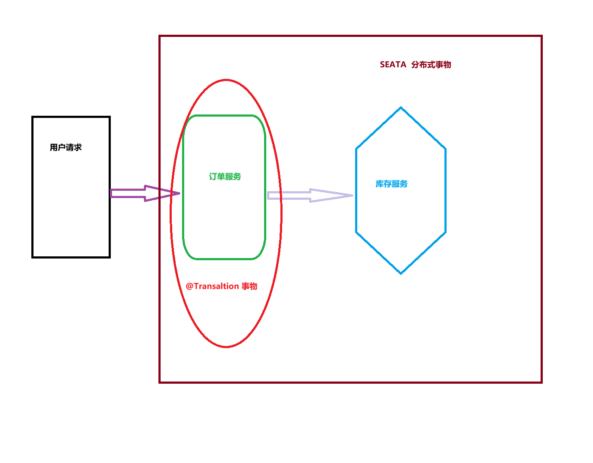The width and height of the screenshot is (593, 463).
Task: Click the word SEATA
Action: click(x=393, y=64)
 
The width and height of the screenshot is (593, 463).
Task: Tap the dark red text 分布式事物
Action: click(x=431, y=65)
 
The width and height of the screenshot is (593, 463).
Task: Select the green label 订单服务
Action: click(x=225, y=177)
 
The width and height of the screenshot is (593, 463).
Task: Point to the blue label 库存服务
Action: click(x=392, y=184)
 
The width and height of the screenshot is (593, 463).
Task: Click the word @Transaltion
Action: click(x=212, y=286)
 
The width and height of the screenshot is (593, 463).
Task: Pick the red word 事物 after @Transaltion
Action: click(x=249, y=286)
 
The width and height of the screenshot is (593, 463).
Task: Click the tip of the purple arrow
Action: click(x=179, y=193)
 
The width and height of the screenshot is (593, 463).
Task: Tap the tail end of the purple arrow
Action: click(x=111, y=193)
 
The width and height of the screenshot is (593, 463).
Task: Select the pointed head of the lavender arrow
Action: click(x=352, y=195)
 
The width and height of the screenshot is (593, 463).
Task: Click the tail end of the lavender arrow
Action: click(x=268, y=195)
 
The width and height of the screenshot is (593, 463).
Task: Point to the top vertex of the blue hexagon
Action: click(x=401, y=108)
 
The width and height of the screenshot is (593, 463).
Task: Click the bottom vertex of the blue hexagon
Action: click(x=401, y=274)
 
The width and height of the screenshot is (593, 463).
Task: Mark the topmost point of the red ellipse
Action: click(x=226, y=80)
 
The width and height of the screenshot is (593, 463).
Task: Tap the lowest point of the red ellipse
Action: click(x=226, y=347)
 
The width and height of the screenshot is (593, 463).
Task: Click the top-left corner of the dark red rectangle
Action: click(x=160, y=36)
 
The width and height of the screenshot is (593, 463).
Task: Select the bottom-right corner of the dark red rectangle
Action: click(x=541, y=382)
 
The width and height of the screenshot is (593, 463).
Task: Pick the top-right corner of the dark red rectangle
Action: click(x=541, y=36)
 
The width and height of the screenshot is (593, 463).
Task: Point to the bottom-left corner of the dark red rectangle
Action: click(x=160, y=382)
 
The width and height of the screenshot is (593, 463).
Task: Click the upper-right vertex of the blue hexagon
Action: click(x=446, y=149)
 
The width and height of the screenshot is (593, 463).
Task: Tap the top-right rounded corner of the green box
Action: click(x=262, y=120)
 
